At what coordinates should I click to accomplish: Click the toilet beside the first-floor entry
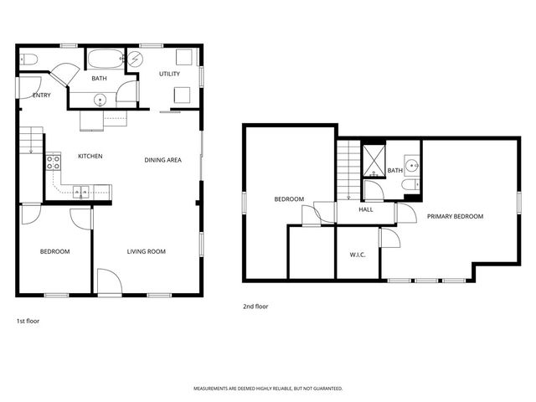[28, 59]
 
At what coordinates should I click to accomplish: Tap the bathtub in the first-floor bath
[106, 59]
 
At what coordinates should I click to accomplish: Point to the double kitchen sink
[82, 192]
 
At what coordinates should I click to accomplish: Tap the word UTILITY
[170, 74]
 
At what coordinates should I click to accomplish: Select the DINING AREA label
[162, 160]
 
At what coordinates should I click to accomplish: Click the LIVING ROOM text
[146, 251]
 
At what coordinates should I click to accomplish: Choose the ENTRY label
[41, 95]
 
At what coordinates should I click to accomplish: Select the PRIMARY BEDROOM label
[455, 216]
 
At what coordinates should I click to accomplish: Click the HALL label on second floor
[366, 209]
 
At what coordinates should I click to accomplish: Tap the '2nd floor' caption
[255, 307]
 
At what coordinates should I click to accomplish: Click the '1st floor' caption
[28, 321]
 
